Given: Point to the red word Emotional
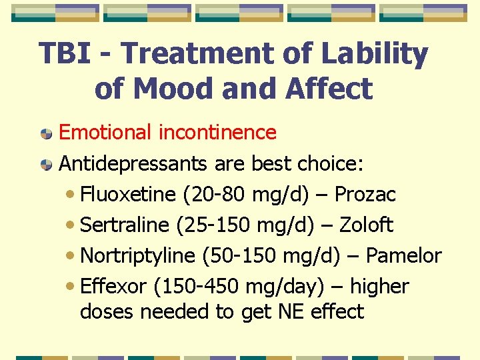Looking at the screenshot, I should click(106, 133).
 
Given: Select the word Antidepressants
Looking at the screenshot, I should click(135, 163).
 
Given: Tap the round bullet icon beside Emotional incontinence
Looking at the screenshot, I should click(46, 133).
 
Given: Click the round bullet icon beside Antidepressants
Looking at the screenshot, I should click(46, 164).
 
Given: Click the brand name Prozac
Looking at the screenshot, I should click(365, 195).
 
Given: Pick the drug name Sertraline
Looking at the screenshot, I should click(125, 225).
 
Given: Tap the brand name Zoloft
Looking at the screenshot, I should click(366, 225).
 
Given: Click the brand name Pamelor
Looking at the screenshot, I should click(404, 256).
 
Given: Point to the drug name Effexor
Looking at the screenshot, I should click(113, 287).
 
